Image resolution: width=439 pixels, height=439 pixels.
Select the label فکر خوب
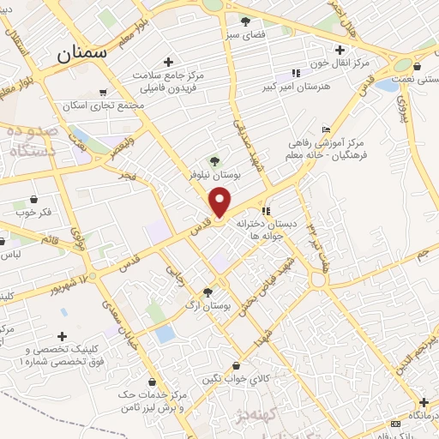[x=33, y=209]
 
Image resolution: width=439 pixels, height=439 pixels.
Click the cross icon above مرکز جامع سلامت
[x=168, y=62]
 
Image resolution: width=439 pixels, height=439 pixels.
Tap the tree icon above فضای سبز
[x=246, y=21]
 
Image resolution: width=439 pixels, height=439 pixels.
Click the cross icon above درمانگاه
[x=424, y=402]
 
